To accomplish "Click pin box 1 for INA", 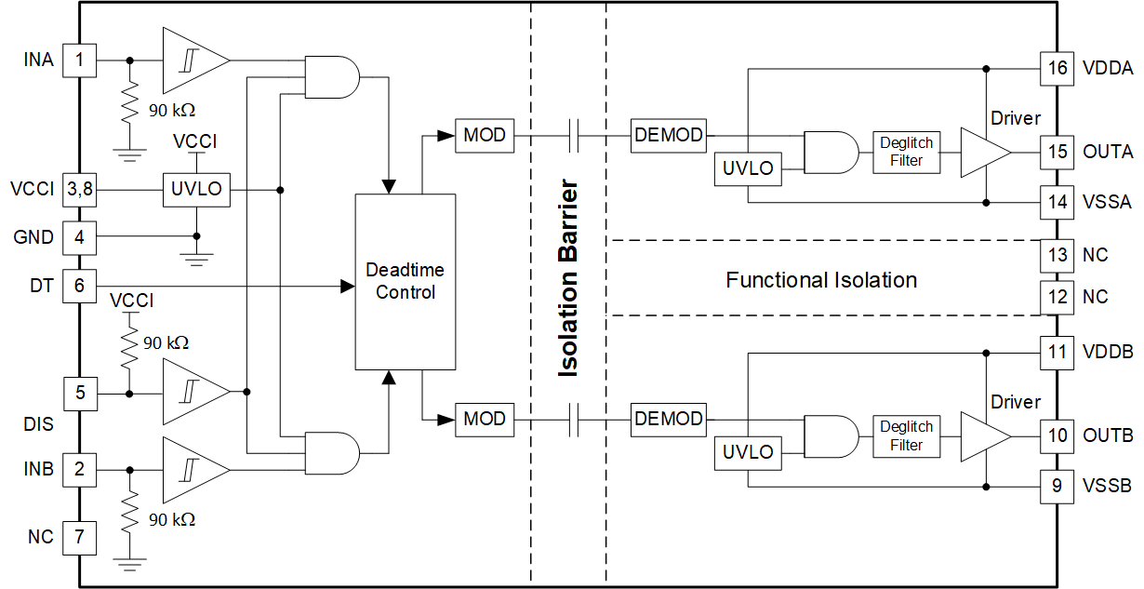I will [79, 60].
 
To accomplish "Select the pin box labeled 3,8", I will [79, 190].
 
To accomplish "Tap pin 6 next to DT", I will [79, 286].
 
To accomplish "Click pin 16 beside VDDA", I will [1057, 68].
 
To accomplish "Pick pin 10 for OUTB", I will [1057, 435].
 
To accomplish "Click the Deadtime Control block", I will [405, 280].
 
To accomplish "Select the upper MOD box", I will [484, 136].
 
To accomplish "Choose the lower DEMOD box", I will [668, 419].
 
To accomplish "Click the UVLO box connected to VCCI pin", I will [196, 190].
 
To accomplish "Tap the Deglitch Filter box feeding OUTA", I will [906, 152].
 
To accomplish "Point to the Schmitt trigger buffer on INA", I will [193, 60].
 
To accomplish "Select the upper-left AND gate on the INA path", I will [331, 77].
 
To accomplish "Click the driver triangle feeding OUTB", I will [984, 435].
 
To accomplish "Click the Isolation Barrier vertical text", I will [567, 279].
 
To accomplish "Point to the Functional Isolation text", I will [821, 280].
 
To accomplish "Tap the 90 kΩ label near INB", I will [172, 519].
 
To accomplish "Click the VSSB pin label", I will [1107, 486].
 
